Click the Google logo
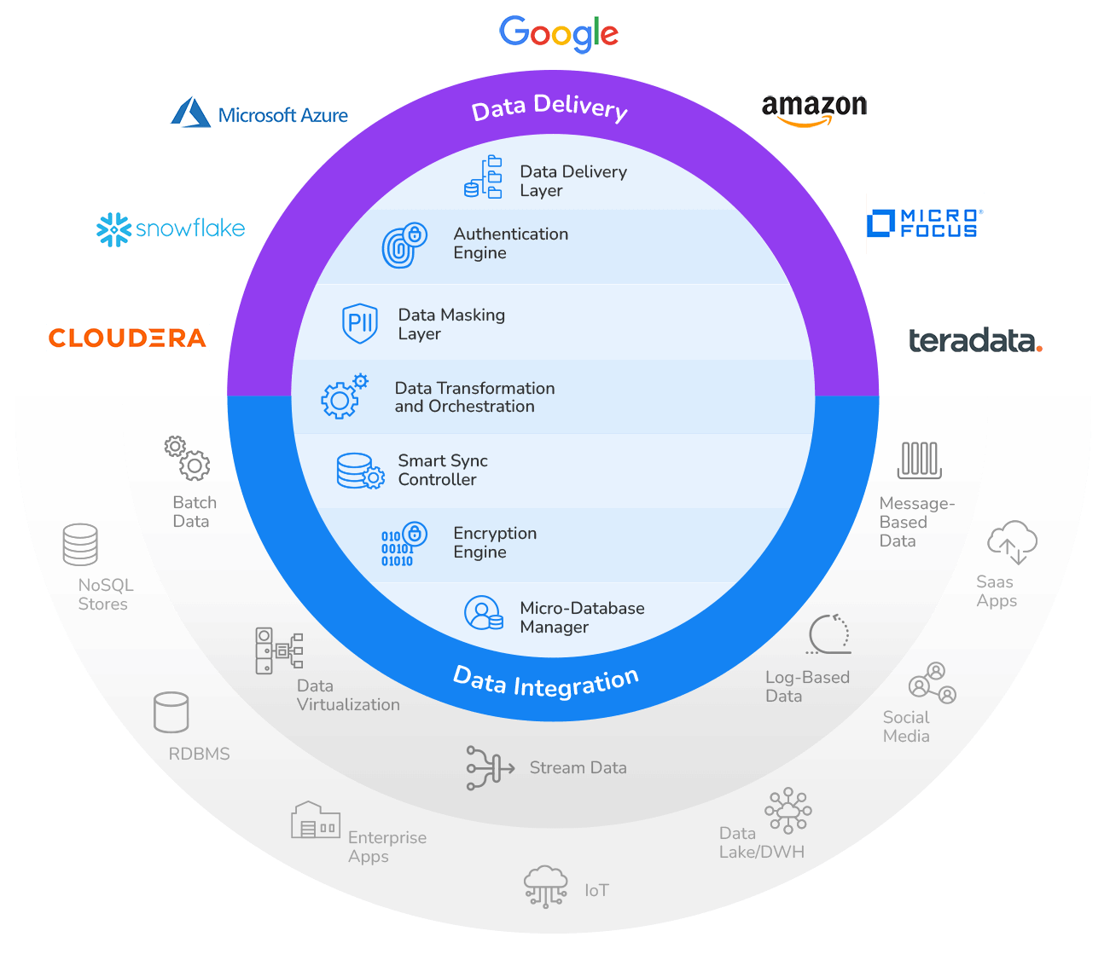559,33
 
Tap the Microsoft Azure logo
259,113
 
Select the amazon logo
814,109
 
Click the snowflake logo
171,228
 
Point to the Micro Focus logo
925,223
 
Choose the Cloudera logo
128,338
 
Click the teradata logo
975,341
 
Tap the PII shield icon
360,323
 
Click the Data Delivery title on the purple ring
549,107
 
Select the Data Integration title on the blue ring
546,682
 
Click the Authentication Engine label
510,243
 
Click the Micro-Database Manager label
582,617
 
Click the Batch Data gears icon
188,459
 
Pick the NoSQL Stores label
105,594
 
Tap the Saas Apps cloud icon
1012,542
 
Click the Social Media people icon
933,684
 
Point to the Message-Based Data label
915,522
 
